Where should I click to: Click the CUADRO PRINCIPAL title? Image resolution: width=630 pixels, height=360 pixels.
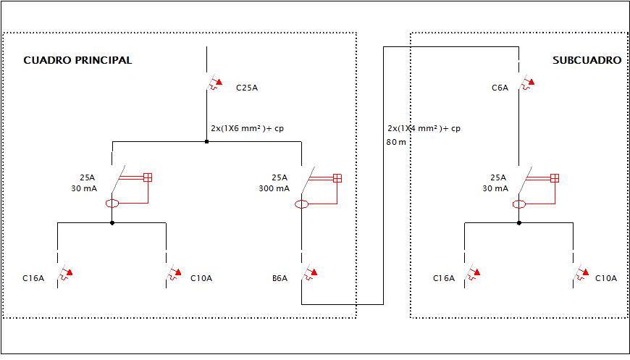(x=77, y=60)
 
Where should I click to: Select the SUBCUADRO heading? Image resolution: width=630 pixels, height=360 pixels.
(x=587, y=60)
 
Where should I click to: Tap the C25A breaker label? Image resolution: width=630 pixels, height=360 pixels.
(x=247, y=88)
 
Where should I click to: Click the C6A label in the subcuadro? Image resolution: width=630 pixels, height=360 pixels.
(x=500, y=88)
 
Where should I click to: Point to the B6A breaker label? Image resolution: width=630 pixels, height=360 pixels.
(x=280, y=278)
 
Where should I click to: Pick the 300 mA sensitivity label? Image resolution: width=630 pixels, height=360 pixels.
(x=274, y=188)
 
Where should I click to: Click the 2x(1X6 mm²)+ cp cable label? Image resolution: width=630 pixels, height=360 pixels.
(x=247, y=129)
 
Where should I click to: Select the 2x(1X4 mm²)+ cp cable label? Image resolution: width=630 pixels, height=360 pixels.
(x=424, y=129)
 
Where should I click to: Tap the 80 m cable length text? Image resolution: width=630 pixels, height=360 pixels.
(x=396, y=142)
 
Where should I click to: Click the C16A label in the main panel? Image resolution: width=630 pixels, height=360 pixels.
(x=33, y=278)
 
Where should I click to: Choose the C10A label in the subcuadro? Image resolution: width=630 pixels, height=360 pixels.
(x=606, y=278)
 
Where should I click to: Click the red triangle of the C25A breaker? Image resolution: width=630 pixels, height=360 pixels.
(x=219, y=82)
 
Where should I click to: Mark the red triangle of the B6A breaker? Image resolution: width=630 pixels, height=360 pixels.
(x=314, y=272)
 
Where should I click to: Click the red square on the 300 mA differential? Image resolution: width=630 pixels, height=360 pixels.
(x=337, y=178)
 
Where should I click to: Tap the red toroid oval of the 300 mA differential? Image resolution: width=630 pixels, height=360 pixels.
(x=302, y=204)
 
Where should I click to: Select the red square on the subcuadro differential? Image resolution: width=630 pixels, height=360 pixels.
(x=555, y=178)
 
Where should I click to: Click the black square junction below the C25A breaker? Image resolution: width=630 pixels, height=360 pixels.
(x=206, y=141)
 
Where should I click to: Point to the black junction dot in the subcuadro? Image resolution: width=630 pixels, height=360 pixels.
(x=519, y=222)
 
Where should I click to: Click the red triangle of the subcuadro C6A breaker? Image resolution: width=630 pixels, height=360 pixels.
(x=532, y=82)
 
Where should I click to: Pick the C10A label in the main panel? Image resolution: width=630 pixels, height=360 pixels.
(x=201, y=278)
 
